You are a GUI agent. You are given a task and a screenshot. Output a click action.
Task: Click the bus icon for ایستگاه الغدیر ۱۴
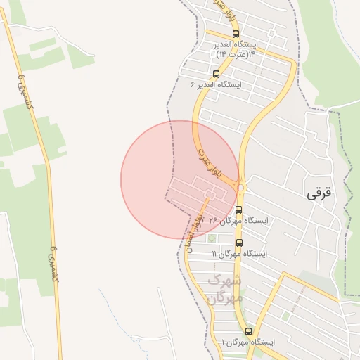(x=236, y=33)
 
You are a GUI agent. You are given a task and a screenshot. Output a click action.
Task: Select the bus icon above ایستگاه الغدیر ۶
(x=215, y=73)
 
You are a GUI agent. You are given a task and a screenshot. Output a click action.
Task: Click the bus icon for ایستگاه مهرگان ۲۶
(x=238, y=210)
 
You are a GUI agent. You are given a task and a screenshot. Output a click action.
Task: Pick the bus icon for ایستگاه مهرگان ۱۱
(x=240, y=243)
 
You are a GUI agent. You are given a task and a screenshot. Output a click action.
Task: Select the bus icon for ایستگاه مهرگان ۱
(x=248, y=330)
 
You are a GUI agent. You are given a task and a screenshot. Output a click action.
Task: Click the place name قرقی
(x=319, y=194)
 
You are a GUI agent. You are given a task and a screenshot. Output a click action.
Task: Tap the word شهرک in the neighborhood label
(x=226, y=281)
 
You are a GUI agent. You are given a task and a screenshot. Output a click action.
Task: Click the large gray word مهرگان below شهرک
(x=226, y=298)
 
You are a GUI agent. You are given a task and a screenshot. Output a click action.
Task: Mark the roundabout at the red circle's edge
(x=240, y=188)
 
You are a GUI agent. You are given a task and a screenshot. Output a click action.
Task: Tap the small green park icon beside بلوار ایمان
(x=212, y=238)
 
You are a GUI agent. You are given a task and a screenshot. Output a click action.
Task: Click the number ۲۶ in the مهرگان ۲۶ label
(x=212, y=221)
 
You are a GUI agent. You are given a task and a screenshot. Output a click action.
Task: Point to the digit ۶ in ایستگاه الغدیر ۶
(x=193, y=84)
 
